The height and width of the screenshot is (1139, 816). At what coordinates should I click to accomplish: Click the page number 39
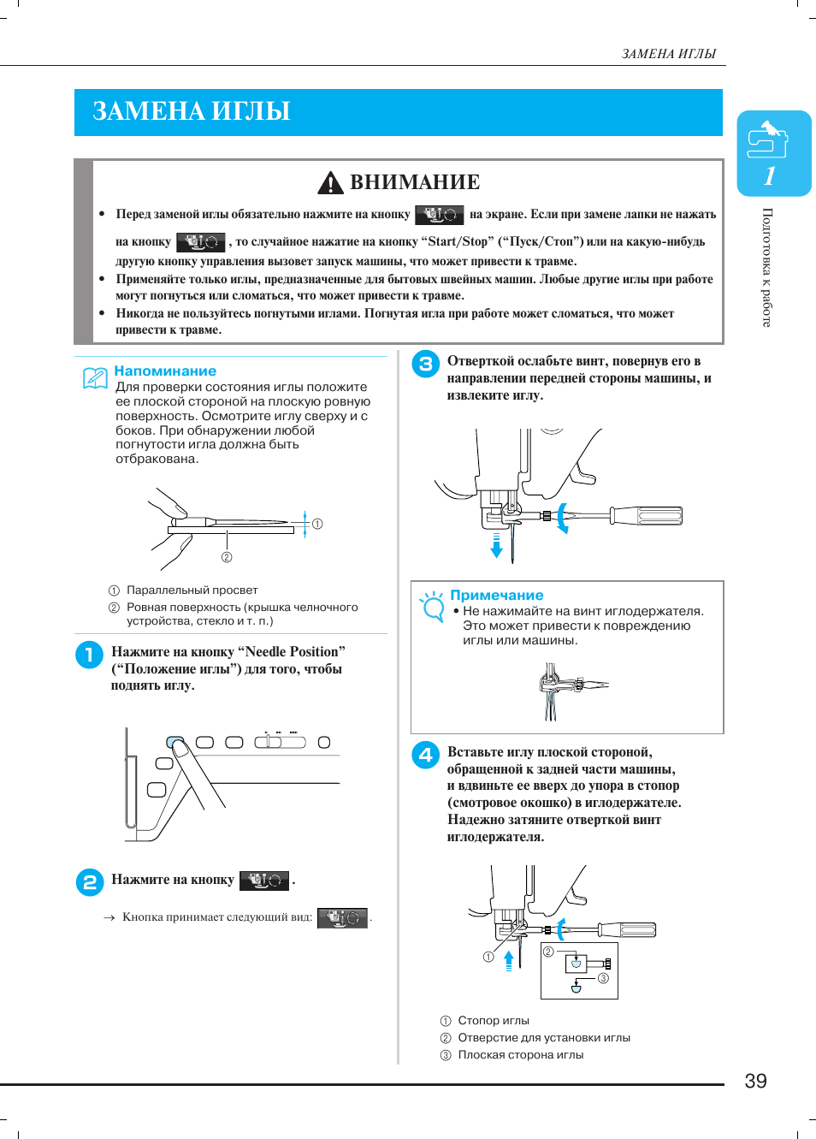[x=755, y=1081]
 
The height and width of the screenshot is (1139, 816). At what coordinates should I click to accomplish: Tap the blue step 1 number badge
[x=89, y=655]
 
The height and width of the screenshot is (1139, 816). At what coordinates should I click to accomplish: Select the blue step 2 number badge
[x=89, y=882]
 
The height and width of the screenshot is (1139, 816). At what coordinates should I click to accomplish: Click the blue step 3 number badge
[x=425, y=364]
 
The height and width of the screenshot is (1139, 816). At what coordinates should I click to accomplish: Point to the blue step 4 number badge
[x=425, y=755]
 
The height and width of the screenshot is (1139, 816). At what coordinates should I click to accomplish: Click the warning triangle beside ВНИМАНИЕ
[x=330, y=182]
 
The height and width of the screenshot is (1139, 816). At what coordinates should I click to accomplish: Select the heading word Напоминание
[x=165, y=371]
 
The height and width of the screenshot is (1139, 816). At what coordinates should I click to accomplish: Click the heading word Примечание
[x=497, y=596]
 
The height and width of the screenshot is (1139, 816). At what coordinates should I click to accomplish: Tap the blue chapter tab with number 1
[x=773, y=154]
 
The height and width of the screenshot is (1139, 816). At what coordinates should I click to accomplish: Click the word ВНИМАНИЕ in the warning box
[x=415, y=182]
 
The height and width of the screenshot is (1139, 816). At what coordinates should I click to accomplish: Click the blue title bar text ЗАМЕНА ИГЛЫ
[x=192, y=112]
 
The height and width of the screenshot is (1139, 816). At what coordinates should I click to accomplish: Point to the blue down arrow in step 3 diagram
[x=496, y=546]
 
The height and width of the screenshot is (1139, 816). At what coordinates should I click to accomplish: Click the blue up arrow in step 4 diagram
[x=509, y=959]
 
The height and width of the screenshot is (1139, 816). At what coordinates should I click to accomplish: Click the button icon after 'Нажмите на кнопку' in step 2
[x=264, y=881]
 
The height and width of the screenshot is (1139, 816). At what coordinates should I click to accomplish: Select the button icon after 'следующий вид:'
[x=342, y=917]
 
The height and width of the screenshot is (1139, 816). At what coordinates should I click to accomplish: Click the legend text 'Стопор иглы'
[x=494, y=1021]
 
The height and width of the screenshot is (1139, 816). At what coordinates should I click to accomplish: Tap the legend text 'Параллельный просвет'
[x=192, y=590]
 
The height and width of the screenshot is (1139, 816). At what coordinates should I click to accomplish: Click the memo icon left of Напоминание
[x=95, y=377]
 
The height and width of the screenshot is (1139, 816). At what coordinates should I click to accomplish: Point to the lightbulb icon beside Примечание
[x=433, y=605]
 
